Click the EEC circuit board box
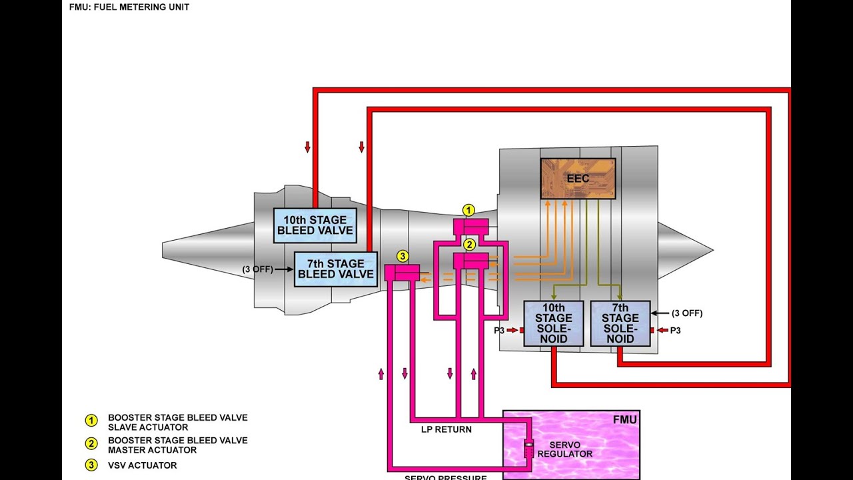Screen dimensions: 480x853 pyautogui.click(x=578, y=178)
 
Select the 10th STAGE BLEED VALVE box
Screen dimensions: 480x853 pyautogui.click(x=315, y=225)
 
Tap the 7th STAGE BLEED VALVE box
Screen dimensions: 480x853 pyautogui.click(x=336, y=269)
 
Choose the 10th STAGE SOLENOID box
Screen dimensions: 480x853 pyautogui.click(x=553, y=323)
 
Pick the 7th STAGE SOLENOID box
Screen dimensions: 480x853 pyautogui.click(x=620, y=323)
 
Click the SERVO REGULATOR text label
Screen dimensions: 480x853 pyautogui.click(x=570, y=449)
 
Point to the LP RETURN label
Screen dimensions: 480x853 pyautogui.click(x=446, y=429)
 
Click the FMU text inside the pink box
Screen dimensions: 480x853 pyautogui.click(x=624, y=419)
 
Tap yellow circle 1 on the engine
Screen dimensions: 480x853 pyautogui.click(x=469, y=211)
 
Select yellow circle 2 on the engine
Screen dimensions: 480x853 pyautogui.click(x=469, y=244)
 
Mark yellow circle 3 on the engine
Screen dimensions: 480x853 pyautogui.click(x=402, y=255)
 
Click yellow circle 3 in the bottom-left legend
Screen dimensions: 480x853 pyautogui.click(x=90, y=465)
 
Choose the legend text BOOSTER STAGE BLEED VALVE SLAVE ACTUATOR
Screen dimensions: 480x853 pyautogui.click(x=177, y=423)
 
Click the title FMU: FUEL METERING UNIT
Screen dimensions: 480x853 pyautogui.click(x=129, y=7)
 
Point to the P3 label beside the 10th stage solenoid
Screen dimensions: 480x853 pyautogui.click(x=499, y=330)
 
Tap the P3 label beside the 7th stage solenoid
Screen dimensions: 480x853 pyautogui.click(x=675, y=330)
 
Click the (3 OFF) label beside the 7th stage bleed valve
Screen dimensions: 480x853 pyautogui.click(x=257, y=269)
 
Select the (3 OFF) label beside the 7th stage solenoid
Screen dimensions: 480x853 pyautogui.click(x=686, y=313)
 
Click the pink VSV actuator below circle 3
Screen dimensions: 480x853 pyautogui.click(x=402, y=273)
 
